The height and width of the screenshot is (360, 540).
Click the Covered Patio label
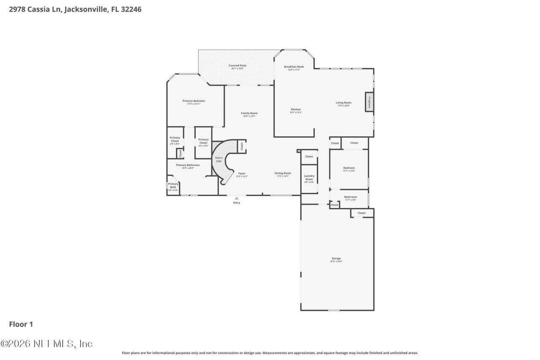pyautogui.click(x=238, y=65)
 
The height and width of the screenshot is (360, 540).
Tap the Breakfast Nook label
pyautogui.click(x=294, y=67)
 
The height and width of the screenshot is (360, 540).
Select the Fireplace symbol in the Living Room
pyautogui.click(x=369, y=103)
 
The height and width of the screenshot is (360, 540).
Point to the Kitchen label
pyautogui.click(x=296, y=110)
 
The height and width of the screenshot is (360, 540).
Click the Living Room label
pyautogui.click(x=343, y=103)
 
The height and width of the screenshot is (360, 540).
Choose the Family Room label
pyautogui.click(x=249, y=113)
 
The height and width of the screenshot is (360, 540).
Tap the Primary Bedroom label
pyautogui.click(x=194, y=101)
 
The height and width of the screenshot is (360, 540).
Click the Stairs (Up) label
pyautogui.click(x=219, y=160)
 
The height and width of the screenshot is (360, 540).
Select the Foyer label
pyautogui.click(x=242, y=173)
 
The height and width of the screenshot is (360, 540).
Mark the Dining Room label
pyautogui.click(x=283, y=173)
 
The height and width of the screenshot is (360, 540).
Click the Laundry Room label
pyautogui.click(x=309, y=177)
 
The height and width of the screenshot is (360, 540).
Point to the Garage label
pyautogui.click(x=336, y=258)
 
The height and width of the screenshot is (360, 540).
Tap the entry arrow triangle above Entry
pyautogui.click(x=237, y=198)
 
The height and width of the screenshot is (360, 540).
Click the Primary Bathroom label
pyautogui.click(x=188, y=165)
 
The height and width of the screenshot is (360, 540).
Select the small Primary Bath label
pyautogui.click(x=173, y=185)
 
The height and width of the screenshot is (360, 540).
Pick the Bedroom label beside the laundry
pyautogui.click(x=349, y=168)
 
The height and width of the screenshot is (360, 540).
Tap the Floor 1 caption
pyautogui.click(x=21, y=324)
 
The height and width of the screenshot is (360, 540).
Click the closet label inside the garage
pyautogui.click(x=362, y=213)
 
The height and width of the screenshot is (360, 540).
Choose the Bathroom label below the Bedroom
pyautogui.click(x=351, y=197)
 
